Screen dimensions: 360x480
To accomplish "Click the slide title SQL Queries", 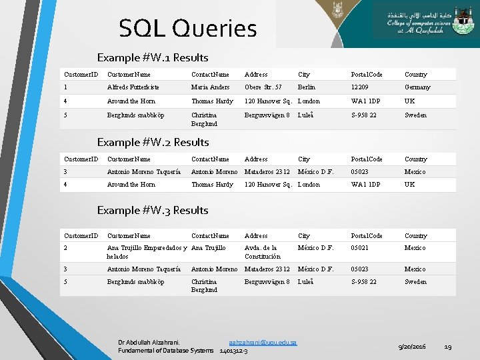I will [x=187, y=29].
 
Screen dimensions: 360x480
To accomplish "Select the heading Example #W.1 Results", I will [x=153, y=58].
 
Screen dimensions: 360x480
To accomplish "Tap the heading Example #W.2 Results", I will [x=153, y=142].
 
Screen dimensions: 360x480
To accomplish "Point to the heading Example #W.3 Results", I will [x=153, y=210].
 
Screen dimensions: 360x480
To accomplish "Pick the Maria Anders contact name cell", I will [x=210, y=87].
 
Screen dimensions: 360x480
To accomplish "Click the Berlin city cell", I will [x=307, y=87].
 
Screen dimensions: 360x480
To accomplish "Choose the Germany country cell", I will [x=417, y=87].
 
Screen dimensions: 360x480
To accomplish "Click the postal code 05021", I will [x=361, y=248].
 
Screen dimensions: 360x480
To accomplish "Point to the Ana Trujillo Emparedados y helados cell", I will [x=145, y=252].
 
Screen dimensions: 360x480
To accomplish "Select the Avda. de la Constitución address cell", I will [x=263, y=252].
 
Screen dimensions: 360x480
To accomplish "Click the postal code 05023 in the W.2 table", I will [x=361, y=171].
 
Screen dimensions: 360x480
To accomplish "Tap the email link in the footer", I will [x=262, y=342].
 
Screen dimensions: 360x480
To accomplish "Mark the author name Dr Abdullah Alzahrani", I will [x=148, y=342].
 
